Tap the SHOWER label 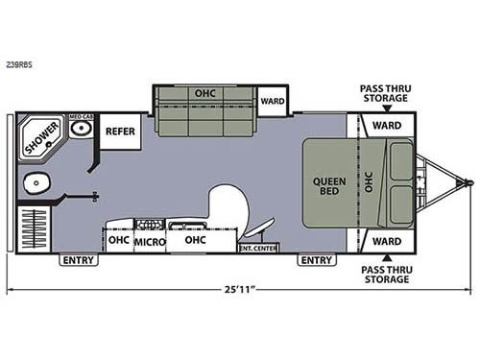coord(40,135)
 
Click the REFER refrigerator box coord(120,131)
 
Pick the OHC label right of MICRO coord(195,240)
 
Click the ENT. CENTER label coord(256,248)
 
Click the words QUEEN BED coord(329,185)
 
